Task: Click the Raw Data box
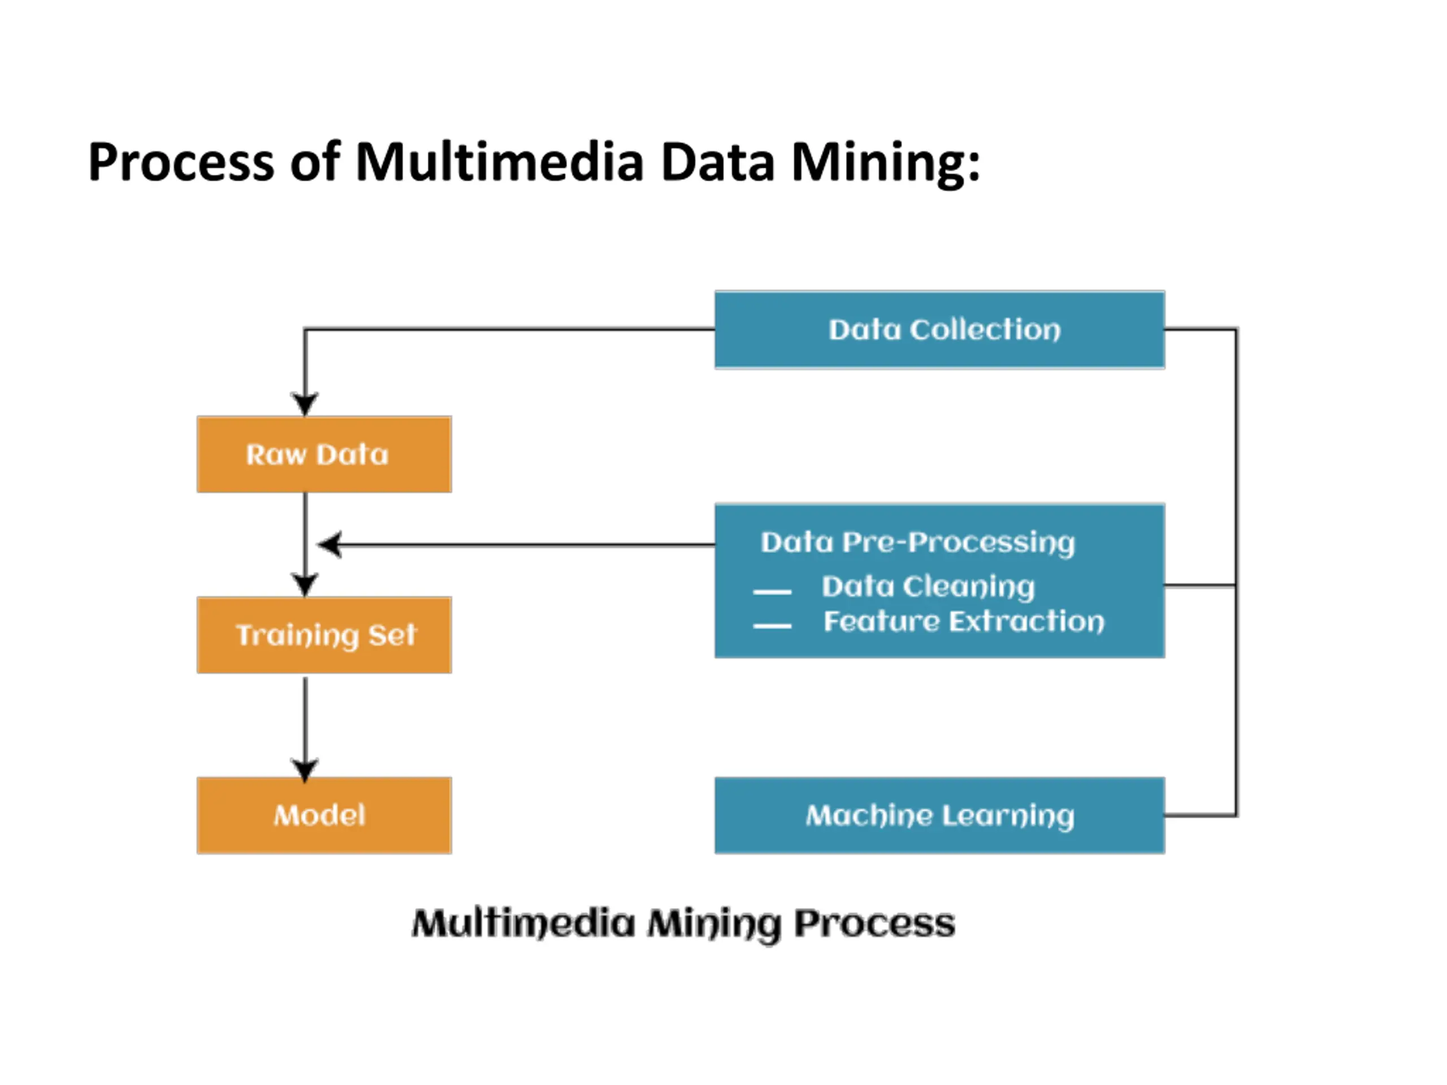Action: point(324,454)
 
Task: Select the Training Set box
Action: point(324,635)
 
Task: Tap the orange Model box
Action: point(324,815)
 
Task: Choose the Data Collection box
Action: point(939,329)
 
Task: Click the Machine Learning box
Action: point(939,815)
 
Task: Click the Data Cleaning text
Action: point(928,587)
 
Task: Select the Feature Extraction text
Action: point(964,621)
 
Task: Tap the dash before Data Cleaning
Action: point(772,592)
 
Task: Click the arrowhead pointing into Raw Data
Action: point(305,403)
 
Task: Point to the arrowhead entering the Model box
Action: point(305,770)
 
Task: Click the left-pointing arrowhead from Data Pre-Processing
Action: point(330,544)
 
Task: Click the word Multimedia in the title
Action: point(500,162)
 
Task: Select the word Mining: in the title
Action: point(886,163)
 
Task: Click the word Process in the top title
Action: point(181,163)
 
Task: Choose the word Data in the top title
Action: point(718,162)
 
